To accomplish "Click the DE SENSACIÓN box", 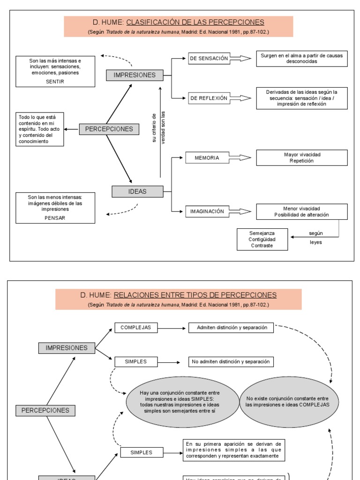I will point(209,59).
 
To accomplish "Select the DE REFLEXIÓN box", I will point(209,98).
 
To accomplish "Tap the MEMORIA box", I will point(207,158).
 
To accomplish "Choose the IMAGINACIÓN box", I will point(207,211).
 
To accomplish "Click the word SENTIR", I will point(55,82).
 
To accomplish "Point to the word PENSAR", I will point(56,218).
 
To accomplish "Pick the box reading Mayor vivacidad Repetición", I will point(301,157).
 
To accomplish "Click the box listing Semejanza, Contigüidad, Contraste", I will point(262,239).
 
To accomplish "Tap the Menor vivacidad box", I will point(301,211).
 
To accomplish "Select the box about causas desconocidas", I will point(301,59).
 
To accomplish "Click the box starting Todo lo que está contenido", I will point(40,129).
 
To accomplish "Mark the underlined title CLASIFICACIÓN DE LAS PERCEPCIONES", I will point(195,22).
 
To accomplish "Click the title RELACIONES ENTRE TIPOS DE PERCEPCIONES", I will point(201,295).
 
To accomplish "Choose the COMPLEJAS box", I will point(136,328).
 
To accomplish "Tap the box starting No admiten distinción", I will point(231,361).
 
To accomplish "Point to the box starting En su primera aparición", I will point(233,450).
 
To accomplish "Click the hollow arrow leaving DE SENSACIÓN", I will point(240,59).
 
